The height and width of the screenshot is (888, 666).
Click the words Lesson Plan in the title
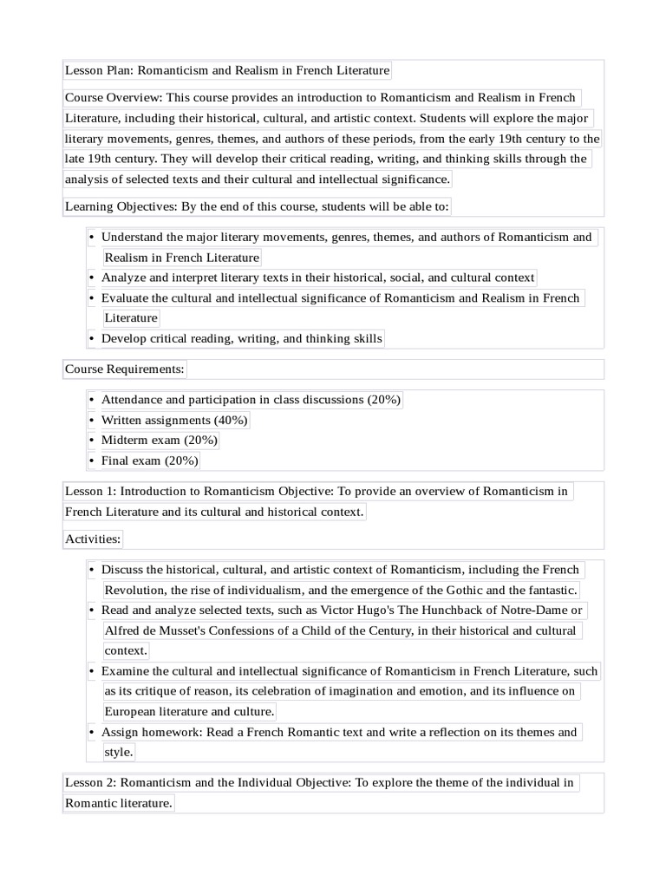(98, 70)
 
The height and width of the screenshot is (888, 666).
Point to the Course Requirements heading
(125, 369)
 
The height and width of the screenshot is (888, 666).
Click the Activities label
(93, 539)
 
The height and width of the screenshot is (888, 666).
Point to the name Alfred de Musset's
(156, 630)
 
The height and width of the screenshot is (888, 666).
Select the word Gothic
(455, 591)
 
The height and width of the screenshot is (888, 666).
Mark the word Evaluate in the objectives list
(126, 298)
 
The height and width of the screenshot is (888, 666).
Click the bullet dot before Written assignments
(92, 421)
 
